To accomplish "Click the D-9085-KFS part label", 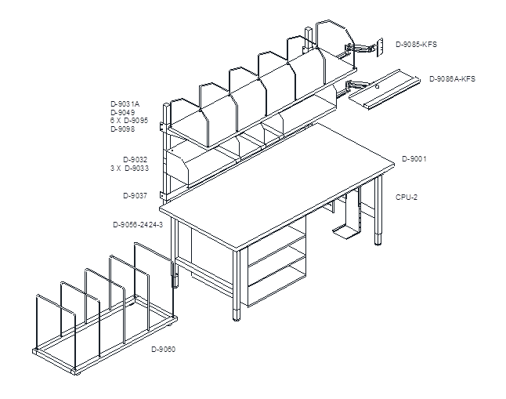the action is pos(416,45).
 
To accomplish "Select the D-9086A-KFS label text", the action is pos(452,79).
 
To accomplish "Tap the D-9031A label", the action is pos(125,104).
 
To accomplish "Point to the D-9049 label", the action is pos(123,112).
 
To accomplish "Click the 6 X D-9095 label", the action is pos(129,121).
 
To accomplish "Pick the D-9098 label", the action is pos(123,129).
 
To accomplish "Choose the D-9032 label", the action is pos(136,160).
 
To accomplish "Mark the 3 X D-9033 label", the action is pos(129,169).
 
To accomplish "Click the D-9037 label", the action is pos(136,196).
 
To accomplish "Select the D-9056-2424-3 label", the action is pos(138,224).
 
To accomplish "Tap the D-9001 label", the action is pos(414,159).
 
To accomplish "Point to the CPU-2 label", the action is pos(407,198).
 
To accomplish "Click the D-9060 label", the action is pos(163,350).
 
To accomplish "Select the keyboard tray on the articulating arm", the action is pos(385,89).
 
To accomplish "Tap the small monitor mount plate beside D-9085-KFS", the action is pos(379,48).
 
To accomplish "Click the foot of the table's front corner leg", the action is pos(237,315).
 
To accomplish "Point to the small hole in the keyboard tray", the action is pos(377,86).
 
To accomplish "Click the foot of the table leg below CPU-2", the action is pos(378,240).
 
